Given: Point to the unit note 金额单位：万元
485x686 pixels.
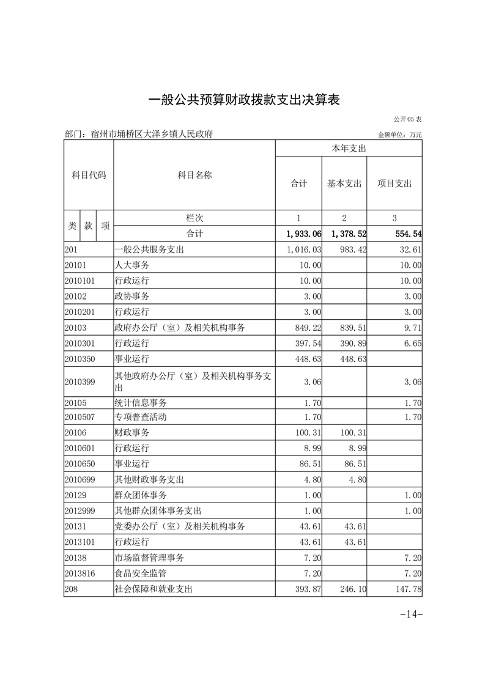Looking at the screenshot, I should (400, 135).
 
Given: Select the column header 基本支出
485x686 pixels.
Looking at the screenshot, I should (344, 183).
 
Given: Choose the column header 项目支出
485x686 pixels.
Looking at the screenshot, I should (394, 183).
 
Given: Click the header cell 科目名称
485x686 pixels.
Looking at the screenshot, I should (194, 175).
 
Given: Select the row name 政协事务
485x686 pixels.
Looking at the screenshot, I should (132, 296).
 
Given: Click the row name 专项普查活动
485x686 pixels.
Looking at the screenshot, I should (141, 418).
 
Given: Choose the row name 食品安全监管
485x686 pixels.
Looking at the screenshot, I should (141, 574).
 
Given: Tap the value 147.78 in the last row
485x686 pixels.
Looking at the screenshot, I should (408, 589).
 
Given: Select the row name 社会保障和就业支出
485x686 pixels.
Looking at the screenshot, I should (154, 589).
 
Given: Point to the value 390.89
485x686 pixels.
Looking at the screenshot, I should (353, 344).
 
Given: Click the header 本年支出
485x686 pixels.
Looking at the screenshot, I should (349, 149).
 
